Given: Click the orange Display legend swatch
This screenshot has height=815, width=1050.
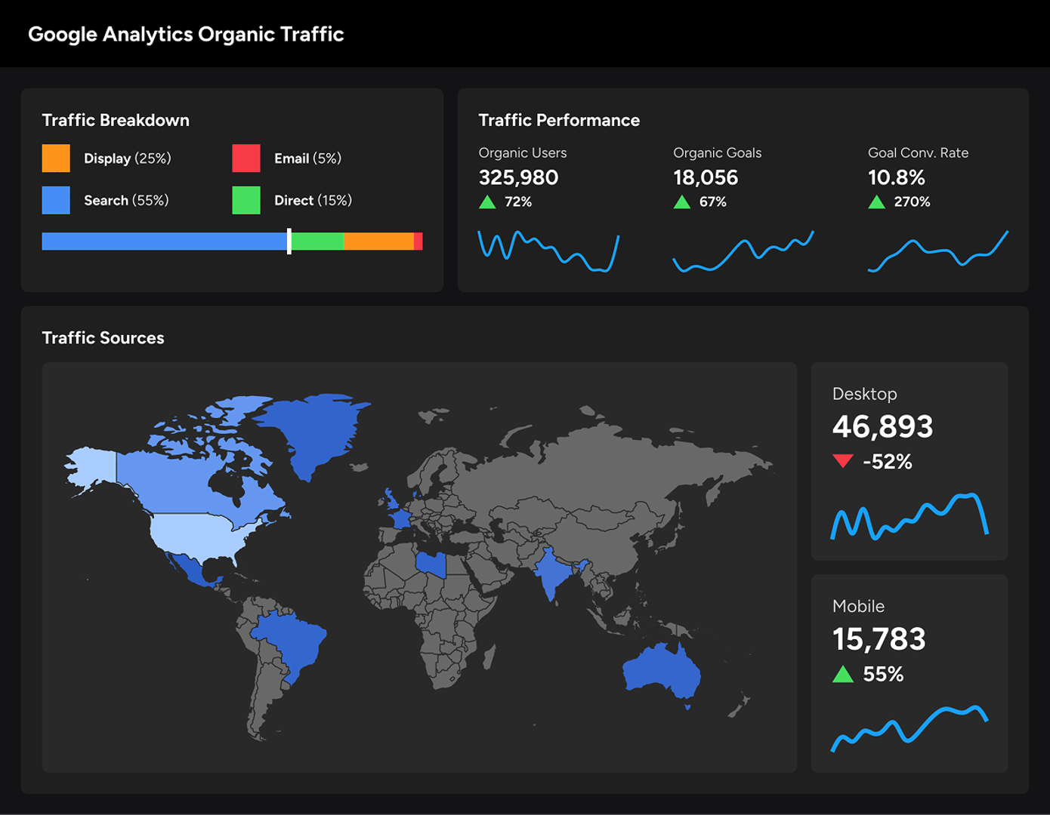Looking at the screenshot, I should tap(56, 158).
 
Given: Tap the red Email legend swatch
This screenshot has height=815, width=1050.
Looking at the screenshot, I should tap(246, 158).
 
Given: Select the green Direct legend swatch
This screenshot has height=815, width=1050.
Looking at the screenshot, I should tap(246, 200).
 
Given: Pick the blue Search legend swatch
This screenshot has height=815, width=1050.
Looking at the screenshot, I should tap(56, 200).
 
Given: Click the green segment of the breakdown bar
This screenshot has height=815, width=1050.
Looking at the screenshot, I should tap(317, 241).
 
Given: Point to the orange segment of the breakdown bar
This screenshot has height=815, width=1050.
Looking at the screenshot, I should tap(378, 241).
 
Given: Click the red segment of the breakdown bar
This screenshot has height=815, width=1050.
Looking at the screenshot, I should tap(418, 241).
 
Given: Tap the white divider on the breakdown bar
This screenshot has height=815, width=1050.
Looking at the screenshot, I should tap(289, 241).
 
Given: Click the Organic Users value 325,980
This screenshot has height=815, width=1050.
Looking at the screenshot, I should tap(518, 177).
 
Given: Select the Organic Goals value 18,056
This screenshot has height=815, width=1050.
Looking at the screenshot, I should tap(706, 177).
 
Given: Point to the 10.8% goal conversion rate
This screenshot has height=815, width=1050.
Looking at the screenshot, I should tap(897, 177).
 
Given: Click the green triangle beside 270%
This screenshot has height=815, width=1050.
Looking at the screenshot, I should tap(876, 201).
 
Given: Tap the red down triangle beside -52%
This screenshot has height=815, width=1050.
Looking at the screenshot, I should tap(843, 461).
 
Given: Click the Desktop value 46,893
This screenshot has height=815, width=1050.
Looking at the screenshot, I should tap(882, 427).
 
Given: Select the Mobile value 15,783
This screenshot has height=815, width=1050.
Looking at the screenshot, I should tap(879, 640).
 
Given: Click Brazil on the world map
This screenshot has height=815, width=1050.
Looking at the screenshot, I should tap(291, 641).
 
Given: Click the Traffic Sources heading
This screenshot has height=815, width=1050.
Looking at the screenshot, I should tap(103, 338).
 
